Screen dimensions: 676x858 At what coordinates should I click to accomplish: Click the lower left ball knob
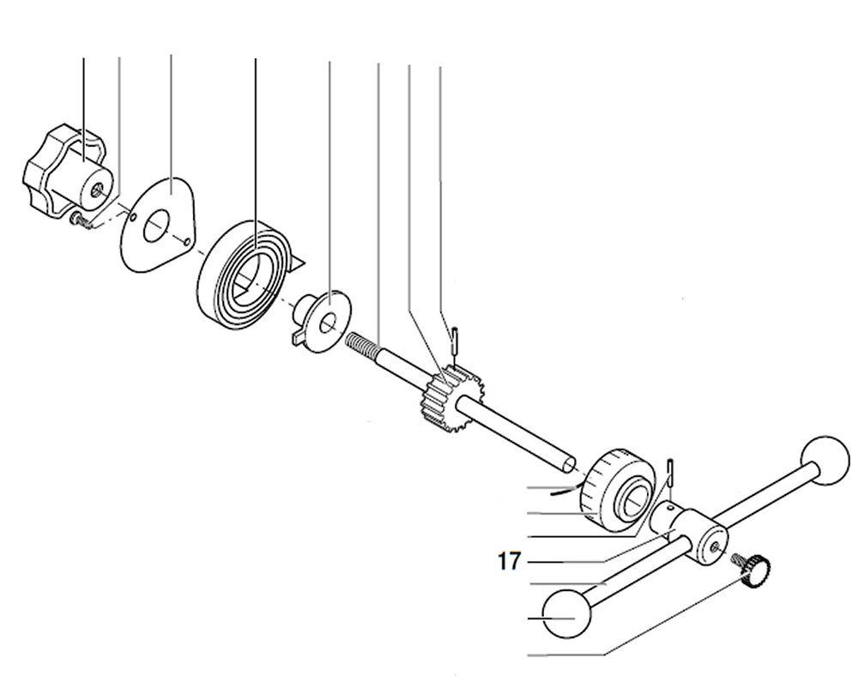click(568, 613)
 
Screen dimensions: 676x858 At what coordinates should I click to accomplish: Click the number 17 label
click(509, 562)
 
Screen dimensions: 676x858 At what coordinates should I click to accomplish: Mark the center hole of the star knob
click(100, 186)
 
